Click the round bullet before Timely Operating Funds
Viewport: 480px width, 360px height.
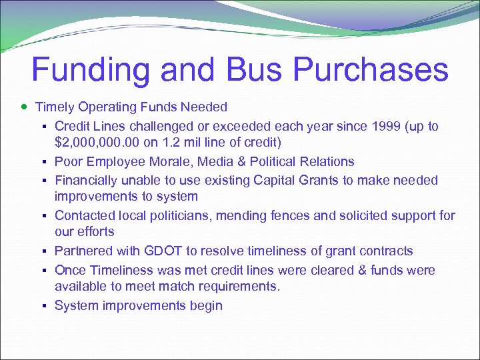24,107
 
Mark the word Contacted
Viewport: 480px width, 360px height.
84,215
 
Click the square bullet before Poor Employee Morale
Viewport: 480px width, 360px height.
44,162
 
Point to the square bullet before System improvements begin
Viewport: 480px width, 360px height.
44,306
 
